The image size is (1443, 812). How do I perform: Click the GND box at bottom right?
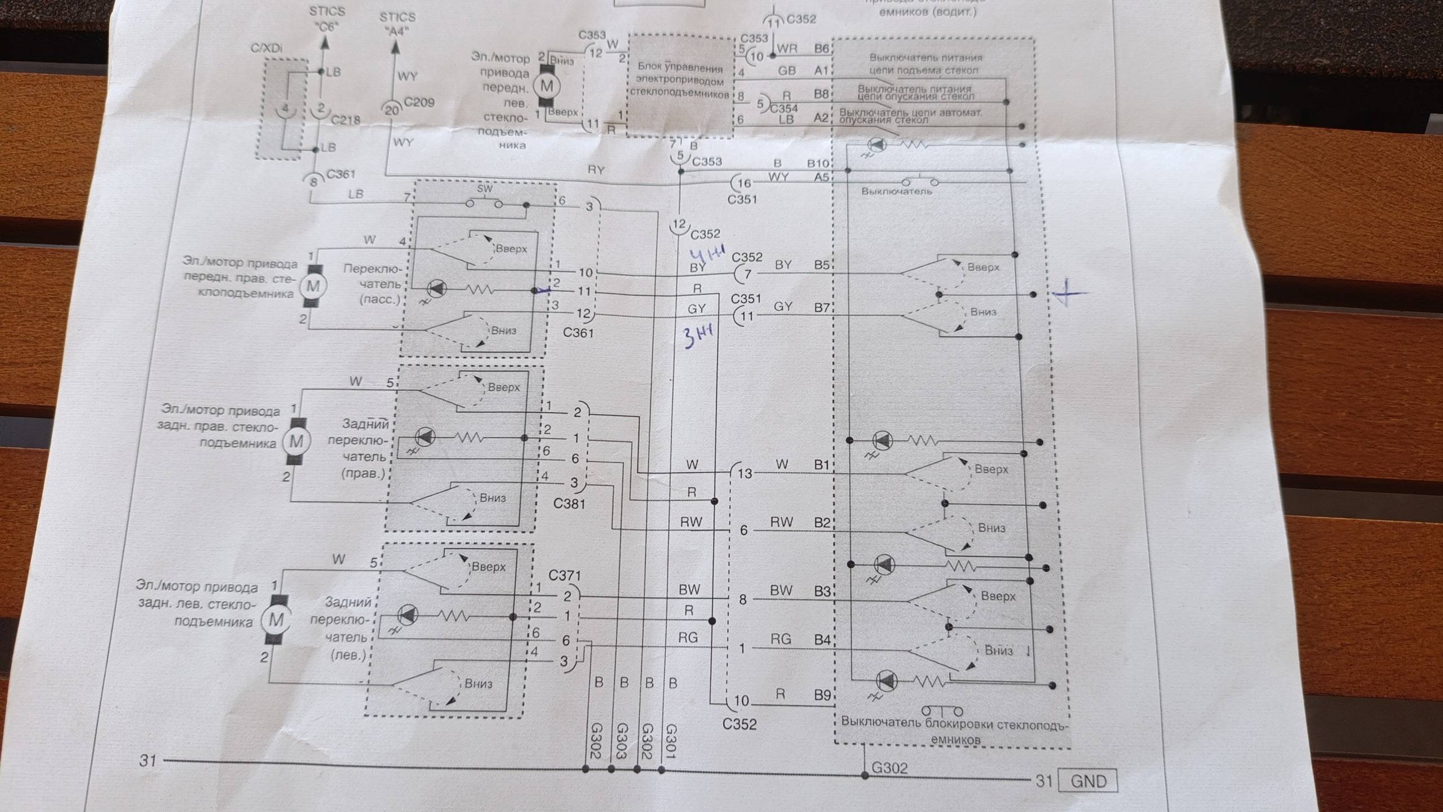click(x=1087, y=782)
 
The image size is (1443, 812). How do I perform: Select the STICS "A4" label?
click(x=397, y=24)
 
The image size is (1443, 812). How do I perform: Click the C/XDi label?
click(x=267, y=49)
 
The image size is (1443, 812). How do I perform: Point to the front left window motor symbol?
click(x=546, y=86)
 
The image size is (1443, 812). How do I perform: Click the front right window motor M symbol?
click(x=313, y=285)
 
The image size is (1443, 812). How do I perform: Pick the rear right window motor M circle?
click(x=296, y=441)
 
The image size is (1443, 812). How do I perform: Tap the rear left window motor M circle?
click(x=276, y=620)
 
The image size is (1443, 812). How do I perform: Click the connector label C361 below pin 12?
click(x=578, y=333)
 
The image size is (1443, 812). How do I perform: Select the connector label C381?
click(x=569, y=504)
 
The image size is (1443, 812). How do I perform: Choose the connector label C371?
click(x=564, y=576)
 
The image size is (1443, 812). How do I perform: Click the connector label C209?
click(x=419, y=103)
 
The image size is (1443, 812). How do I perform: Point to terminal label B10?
click(x=818, y=164)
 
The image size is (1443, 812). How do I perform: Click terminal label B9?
click(x=822, y=695)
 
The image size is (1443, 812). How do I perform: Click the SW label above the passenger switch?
click(x=485, y=189)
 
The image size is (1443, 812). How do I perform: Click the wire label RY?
click(x=596, y=169)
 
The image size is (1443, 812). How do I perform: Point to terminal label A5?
click(x=821, y=178)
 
